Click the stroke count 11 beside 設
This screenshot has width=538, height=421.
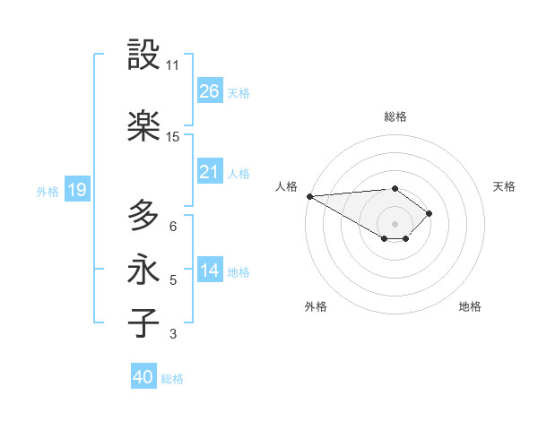[x=173, y=65]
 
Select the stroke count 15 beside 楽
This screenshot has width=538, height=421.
[x=173, y=137]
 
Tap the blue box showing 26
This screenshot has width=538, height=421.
[x=210, y=91]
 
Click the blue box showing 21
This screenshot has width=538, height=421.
[x=210, y=172]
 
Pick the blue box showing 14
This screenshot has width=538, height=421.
[x=210, y=271]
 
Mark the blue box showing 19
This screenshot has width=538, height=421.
[x=77, y=190]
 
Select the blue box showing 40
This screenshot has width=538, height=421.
[x=143, y=377]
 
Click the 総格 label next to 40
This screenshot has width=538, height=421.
[x=173, y=379]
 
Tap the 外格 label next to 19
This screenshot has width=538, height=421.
[x=48, y=191]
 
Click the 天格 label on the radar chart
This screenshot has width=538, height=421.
[x=504, y=186]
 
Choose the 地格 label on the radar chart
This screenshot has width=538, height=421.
[x=470, y=306]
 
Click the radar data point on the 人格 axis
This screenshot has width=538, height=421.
[x=309, y=196]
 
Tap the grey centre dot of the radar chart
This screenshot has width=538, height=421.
[x=395, y=223]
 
